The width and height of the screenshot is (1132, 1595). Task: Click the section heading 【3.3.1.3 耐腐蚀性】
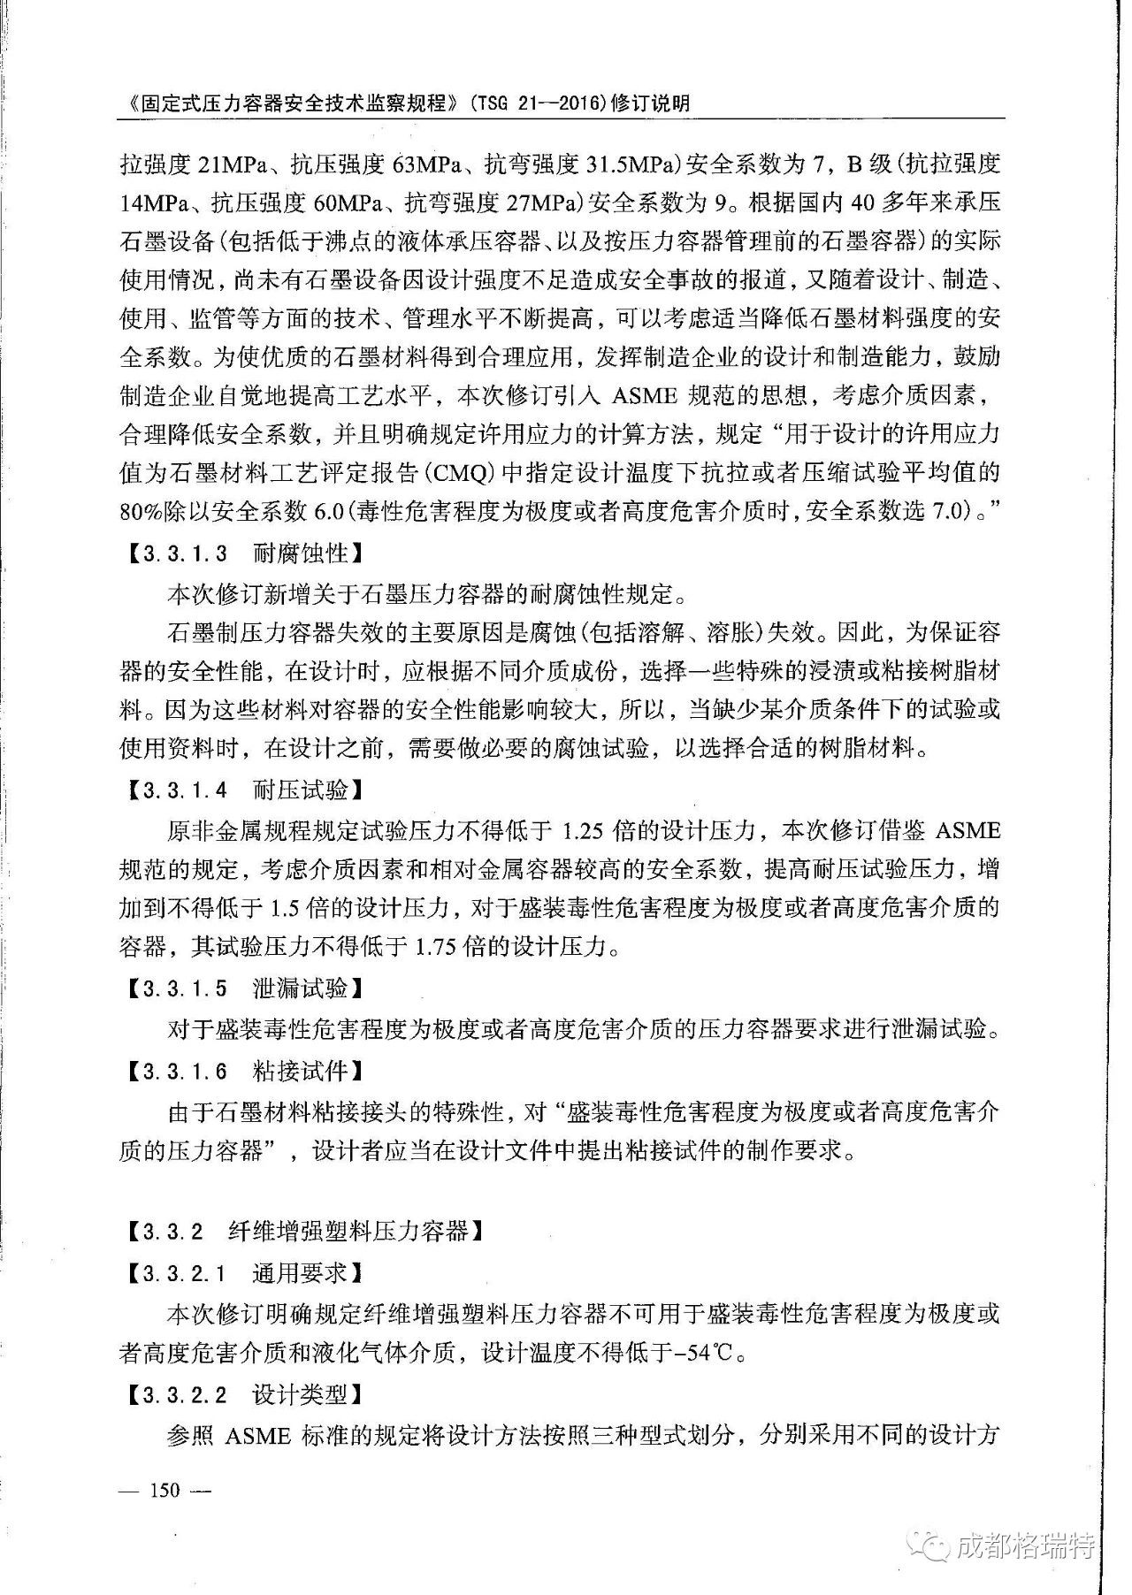tap(241, 554)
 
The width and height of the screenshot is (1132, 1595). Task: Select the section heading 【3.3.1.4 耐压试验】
tap(241, 789)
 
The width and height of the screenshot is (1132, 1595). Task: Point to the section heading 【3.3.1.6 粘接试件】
tap(241, 1072)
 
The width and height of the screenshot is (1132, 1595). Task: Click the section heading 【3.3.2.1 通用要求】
tap(241, 1273)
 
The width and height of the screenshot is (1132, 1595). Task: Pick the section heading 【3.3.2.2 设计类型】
tap(241, 1395)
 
